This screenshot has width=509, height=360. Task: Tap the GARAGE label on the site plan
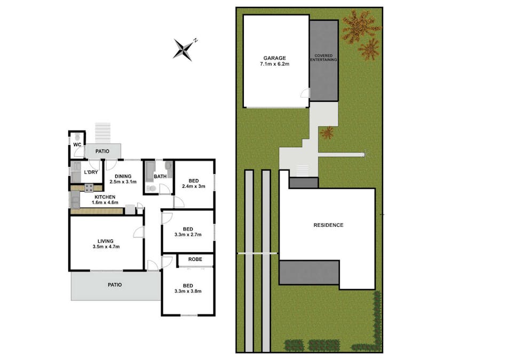point(275,58)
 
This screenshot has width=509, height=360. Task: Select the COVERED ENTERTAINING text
point(324,58)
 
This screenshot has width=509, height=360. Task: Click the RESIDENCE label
point(328,225)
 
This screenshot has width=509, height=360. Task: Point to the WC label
point(77,145)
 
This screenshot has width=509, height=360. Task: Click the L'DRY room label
point(91,172)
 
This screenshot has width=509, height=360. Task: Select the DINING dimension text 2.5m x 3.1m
point(123,182)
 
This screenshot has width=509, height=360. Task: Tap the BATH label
point(160,177)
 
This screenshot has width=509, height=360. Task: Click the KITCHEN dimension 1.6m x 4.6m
point(105,203)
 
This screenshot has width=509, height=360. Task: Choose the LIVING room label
point(106,241)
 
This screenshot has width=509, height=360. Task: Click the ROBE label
point(195,259)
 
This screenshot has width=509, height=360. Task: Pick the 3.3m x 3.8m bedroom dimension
point(188,291)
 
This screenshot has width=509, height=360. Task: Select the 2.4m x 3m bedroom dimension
point(194,186)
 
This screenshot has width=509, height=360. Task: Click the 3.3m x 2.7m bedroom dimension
point(188,234)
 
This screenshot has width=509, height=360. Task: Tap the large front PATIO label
point(115,285)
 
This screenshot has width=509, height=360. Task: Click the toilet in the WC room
point(77,137)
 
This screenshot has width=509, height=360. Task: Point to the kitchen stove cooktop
point(89,188)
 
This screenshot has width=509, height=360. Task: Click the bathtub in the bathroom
point(150,172)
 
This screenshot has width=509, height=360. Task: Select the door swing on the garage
point(305,93)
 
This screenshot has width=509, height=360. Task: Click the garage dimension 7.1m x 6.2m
point(275,64)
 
